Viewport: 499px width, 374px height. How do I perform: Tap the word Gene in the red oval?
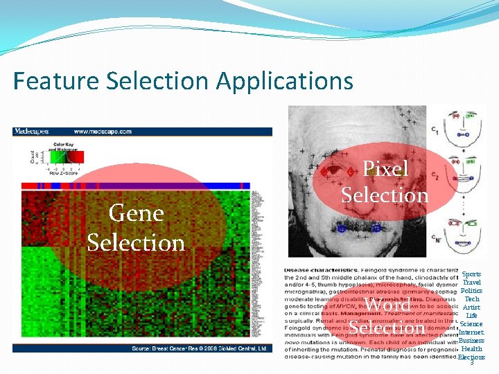click(x=136, y=213)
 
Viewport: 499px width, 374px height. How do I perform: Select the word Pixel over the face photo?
click(x=385, y=169)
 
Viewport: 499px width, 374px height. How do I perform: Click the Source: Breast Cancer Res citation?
click(x=200, y=348)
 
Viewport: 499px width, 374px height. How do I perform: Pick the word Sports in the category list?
click(x=471, y=274)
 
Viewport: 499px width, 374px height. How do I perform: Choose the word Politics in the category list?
click(x=471, y=291)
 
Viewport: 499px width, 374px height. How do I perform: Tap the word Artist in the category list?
click(x=472, y=308)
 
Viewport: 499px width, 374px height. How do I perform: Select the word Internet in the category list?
click(x=471, y=332)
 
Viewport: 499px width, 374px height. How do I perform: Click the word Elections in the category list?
click(x=471, y=357)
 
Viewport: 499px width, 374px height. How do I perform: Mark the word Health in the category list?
click(x=472, y=349)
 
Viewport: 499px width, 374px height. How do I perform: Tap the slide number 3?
click(x=472, y=364)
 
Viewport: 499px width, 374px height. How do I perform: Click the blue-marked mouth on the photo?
click(x=356, y=226)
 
